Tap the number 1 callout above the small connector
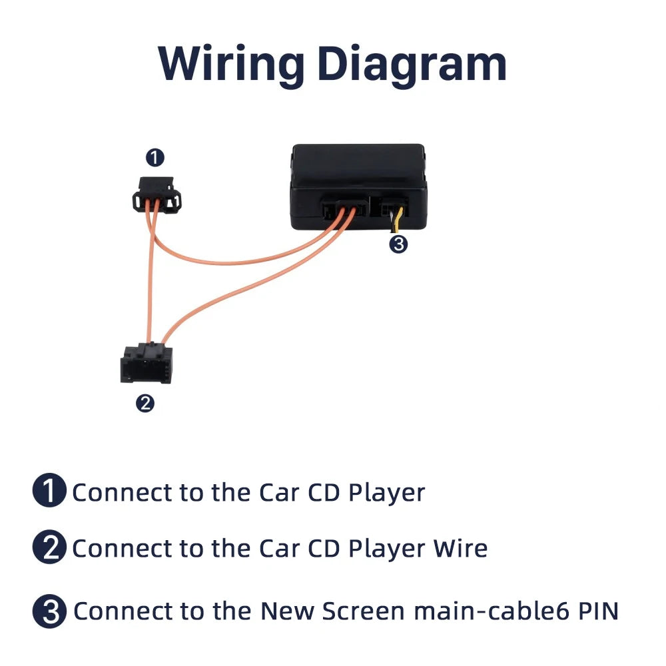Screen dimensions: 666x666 tap(155, 158)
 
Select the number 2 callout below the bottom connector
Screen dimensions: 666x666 tap(145, 403)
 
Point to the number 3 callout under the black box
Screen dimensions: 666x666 tap(398, 244)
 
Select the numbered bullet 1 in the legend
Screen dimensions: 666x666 tap(49, 492)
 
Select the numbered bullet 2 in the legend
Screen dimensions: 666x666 tap(49, 548)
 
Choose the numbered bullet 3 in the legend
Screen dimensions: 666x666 tap(49, 611)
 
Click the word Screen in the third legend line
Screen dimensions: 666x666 tap(363, 611)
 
